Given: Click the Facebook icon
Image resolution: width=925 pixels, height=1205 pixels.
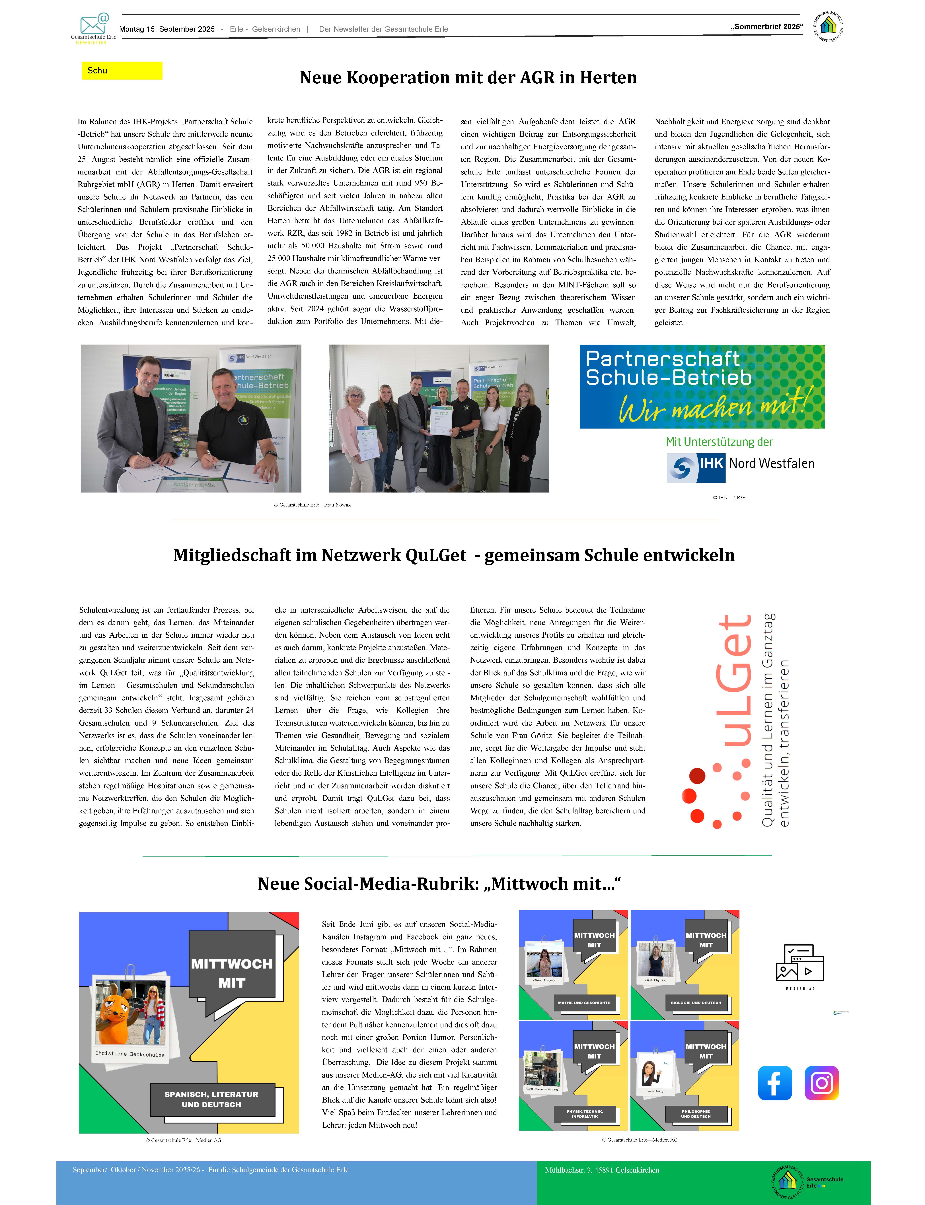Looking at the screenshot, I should pyautogui.click(x=775, y=1083).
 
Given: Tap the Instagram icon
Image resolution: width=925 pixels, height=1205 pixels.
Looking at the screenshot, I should pyautogui.click(x=821, y=1083).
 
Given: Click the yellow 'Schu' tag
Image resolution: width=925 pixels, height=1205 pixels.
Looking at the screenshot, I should pyautogui.click(x=122, y=71).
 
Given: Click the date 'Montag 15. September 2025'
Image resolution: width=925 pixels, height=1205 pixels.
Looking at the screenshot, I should pyautogui.click(x=167, y=29).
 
